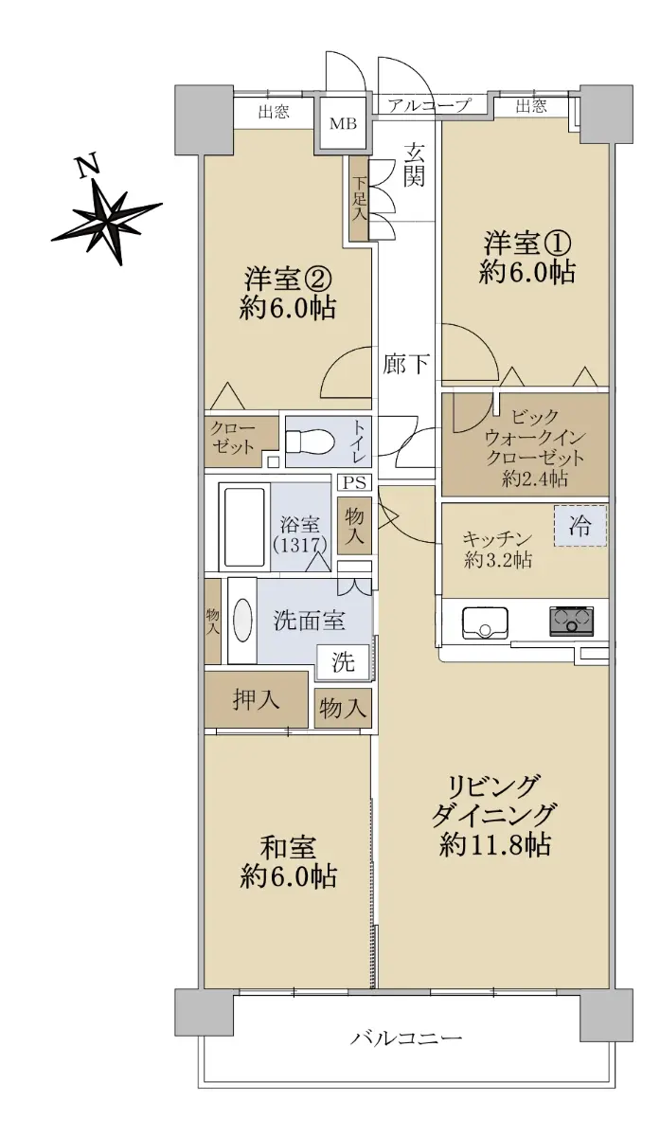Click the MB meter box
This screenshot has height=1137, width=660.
(x=344, y=123)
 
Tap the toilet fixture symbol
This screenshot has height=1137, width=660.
(x=310, y=442)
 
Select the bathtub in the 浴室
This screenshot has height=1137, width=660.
(x=244, y=527)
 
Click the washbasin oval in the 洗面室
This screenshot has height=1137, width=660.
(x=242, y=621)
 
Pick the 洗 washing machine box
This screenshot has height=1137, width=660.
(x=343, y=662)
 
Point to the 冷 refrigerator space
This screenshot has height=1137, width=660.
(x=580, y=526)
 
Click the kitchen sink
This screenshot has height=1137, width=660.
(x=485, y=623)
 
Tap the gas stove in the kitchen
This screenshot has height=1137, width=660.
(x=571, y=622)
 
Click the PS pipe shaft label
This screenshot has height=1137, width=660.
(x=354, y=482)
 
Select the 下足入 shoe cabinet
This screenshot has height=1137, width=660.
(x=359, y=198)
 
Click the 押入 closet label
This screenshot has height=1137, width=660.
(x=257, y=700)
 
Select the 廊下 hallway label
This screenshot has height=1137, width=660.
(x=406, y=364)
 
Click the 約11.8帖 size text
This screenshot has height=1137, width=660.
(x=495, y=845)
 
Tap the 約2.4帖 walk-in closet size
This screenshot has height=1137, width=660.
(x=535, y=478)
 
